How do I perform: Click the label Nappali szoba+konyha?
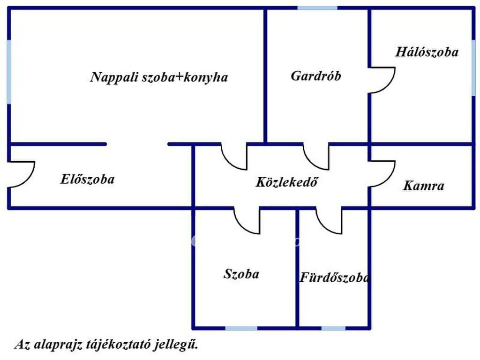159,77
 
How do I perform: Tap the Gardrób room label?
315,76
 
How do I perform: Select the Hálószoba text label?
427,52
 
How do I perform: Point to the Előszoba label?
87,179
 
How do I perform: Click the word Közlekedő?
286,182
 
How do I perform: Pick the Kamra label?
423,186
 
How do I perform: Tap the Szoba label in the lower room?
241,274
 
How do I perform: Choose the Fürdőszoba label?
334,277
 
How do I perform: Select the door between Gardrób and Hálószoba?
382,81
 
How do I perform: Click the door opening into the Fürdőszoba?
329,220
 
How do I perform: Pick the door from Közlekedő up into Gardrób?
316,157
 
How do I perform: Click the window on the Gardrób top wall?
317,8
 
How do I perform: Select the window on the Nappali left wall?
9,72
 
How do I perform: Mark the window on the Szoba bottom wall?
241,328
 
